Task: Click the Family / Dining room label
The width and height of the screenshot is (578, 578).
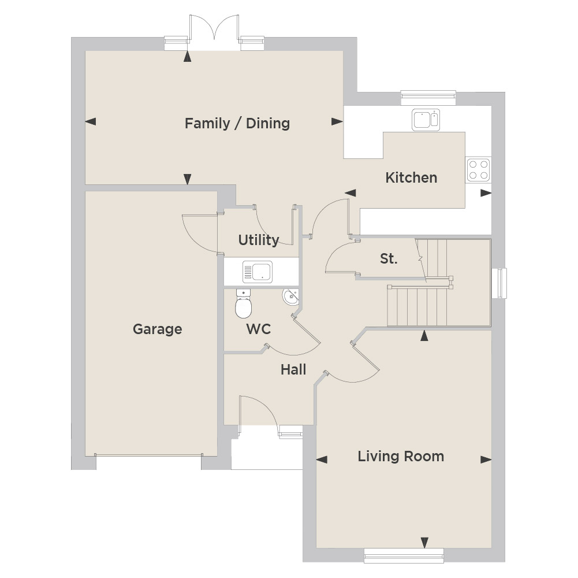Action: pos(237,123)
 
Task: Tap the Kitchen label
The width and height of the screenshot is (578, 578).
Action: pos(411,177)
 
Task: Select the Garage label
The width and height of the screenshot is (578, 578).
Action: pos(158,329)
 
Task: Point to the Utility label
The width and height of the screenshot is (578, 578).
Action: pos(259,240)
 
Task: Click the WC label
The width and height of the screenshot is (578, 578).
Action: pos(259,329)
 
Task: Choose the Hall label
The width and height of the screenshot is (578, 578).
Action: pos(293,369)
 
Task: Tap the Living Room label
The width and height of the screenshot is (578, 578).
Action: pos(401,457)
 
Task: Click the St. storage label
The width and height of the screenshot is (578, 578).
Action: pos(389,259)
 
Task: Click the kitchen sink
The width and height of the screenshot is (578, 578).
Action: pos(426,120)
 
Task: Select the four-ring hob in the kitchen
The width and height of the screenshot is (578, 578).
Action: pos(479,170)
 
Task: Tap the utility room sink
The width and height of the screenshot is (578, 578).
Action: pos(258,272)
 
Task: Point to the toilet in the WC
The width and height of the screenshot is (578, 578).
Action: pos(243,303)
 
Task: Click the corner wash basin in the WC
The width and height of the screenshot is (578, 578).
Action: pos(291,297)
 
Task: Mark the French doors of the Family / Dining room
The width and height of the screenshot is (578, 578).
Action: pos(214,32)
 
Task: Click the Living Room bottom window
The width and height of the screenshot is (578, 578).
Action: pos(404,555)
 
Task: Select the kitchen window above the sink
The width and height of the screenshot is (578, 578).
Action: pos(428,98)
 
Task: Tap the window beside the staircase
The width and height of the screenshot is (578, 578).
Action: pos(499,283)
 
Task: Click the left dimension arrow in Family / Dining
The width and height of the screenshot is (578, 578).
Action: pos(90,121)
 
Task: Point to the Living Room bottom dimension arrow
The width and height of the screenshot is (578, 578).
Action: pos(424,543)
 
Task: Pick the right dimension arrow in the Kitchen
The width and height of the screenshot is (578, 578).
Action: pos(486,193)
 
